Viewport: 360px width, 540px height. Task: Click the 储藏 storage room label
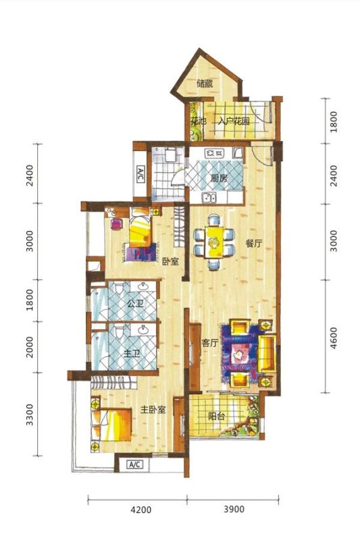[x=205, y=83]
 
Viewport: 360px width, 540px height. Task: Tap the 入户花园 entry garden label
[x=234, y=122]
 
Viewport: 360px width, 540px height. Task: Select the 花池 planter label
[x=198, y=122]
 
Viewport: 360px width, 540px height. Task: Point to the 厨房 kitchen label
[x=219, y=178]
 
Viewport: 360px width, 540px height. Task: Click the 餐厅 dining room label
[x=254, y=244]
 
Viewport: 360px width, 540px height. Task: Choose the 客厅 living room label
[x=210, y=343]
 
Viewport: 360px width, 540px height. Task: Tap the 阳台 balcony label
[x=216, y=416]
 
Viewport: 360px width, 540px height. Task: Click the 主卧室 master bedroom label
[x=153, y=410]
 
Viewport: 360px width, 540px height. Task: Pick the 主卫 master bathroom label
[x=132, y=354]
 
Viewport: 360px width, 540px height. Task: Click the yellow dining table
[x=214, y=242]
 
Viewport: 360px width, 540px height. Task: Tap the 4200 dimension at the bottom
[x=142, y=510]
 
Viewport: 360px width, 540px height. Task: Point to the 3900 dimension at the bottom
[x=234, y=509]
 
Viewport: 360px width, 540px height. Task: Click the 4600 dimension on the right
[x=334, y=338]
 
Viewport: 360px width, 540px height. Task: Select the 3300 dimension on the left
[x=30, y=414]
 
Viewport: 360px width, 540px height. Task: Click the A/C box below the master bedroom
[x=134, y=464]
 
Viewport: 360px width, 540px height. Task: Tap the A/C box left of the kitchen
[x=140, y=174]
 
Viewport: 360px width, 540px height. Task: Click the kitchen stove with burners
[x=214, y=153]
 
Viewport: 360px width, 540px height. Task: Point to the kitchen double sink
[x=209, y=198]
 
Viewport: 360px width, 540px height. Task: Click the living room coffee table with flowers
[x=239, y=353]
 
